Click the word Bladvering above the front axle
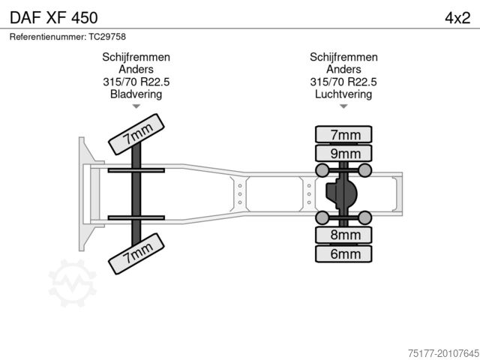[x=136, y=94]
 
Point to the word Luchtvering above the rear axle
[x=343, y=94]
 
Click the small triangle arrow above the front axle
[x=136, y=106]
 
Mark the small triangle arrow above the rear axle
[x=343, y=106]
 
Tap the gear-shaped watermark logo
[x=72, y=282]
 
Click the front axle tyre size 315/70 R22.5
[x=136, y=82]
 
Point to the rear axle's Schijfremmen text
[x=343, y=57]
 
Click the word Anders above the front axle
[x=136, y=70]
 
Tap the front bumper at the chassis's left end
[x=84, y=193]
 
